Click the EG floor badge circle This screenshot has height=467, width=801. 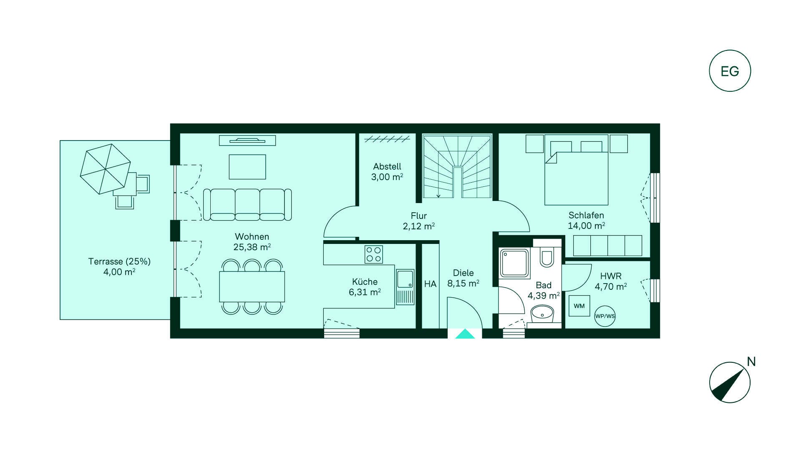click(x=730, y=50)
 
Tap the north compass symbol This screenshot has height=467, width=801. click(x=730, y=382)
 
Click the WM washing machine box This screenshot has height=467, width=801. click(x=579, y=306)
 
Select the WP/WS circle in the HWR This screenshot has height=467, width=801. click(x=605, y=316)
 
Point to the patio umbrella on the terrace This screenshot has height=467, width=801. click(x=106, y=169)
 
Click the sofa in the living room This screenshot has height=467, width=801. click(x=247, y=204)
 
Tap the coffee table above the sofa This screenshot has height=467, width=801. click(x=247, y=167)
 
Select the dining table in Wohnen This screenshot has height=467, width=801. click(x=252, y=286)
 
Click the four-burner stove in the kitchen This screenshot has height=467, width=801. click(x=373, y=254)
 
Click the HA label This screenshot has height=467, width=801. click(x=430, y=284)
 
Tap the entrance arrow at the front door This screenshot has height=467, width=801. click(x=465, y=334)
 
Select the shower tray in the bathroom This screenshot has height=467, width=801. click(x=515, y=264)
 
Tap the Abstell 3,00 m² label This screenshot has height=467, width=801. click(x=387, y=171)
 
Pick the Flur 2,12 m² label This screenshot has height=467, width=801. click(x=418, y=221)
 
